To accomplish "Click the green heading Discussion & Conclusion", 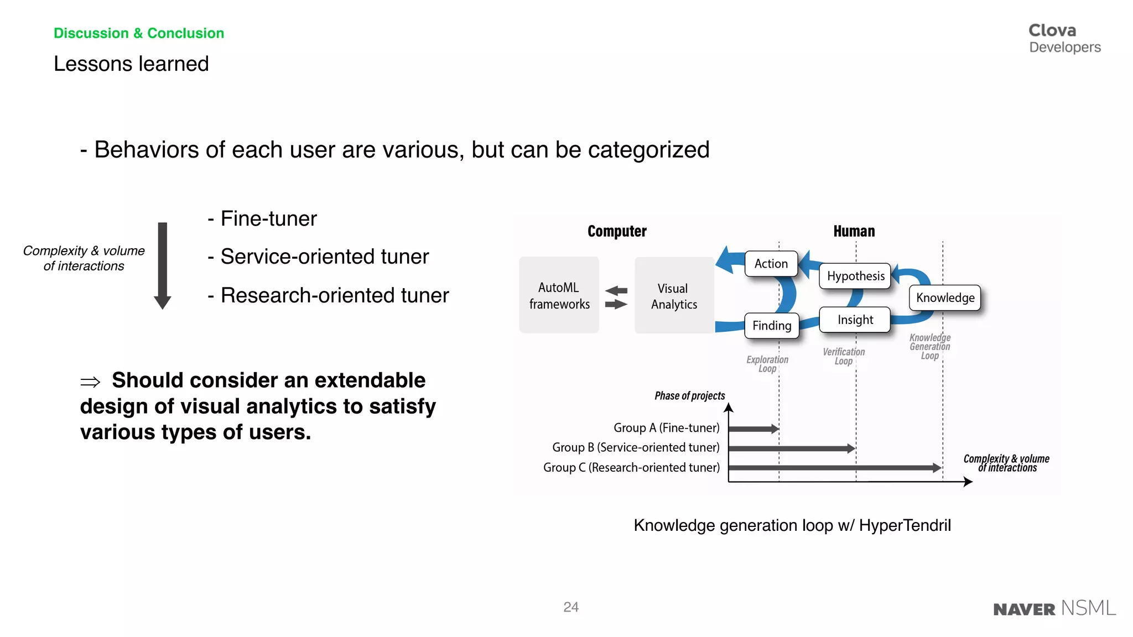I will pos(138,33).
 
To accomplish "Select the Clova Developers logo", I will pos(1064,38).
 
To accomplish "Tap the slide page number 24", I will pos(570,607).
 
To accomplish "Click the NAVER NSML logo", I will pos(1054,608).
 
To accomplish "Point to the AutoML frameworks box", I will pos(559,295).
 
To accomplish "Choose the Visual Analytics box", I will pos(674,296).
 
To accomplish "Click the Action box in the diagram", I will pos(771,264).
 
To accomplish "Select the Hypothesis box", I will pos(855,276).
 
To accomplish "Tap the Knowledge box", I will pos(945,297).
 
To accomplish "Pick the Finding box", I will pos(771,326).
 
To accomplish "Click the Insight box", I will pos(855,320).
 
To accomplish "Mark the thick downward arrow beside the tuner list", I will pos(162,265).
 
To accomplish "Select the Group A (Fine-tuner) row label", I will pos(666,427).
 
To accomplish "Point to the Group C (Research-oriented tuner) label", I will pos(631,467).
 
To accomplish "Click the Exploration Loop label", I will pos(767,364).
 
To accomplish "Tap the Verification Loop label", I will pos(843,356).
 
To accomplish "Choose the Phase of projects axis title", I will pos(689,395).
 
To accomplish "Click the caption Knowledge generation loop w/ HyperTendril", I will pos(792,525).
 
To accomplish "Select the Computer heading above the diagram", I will pos(616,231).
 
